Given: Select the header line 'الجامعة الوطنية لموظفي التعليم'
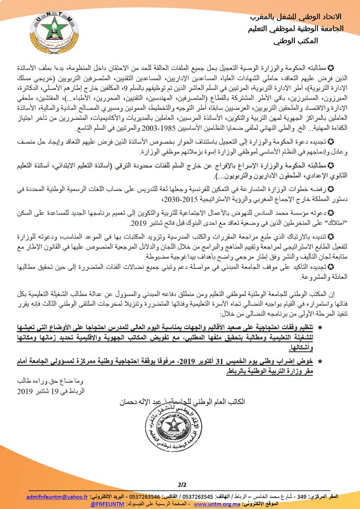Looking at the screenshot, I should tap(296, 27).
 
